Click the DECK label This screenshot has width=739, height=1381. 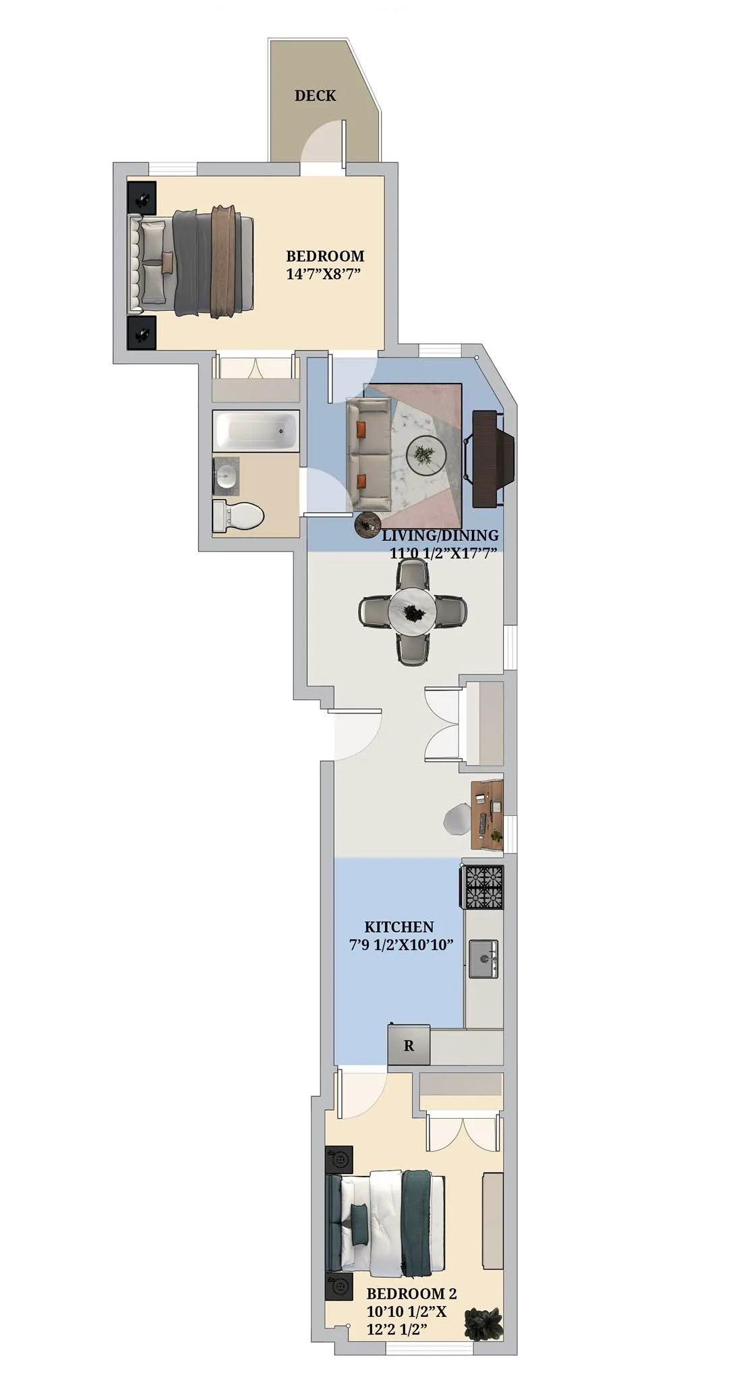click(315, 96)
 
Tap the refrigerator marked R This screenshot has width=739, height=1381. click(409, 1046)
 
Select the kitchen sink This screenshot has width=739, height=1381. click(483, 958)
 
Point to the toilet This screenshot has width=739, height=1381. click(237, 517)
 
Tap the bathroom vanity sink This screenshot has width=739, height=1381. click(226, 476)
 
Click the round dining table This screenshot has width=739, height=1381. click(411, 612)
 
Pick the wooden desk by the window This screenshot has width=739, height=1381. click(487, 815)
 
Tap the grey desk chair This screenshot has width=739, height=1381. click(458, 819)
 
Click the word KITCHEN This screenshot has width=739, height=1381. click(399, 927)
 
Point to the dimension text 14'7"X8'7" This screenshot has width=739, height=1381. click(324, 274)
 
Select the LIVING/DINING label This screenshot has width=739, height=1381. click(440, 535)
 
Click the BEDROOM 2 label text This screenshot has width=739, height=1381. click(411, 1293)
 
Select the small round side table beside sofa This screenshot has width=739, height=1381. click(367, 525)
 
